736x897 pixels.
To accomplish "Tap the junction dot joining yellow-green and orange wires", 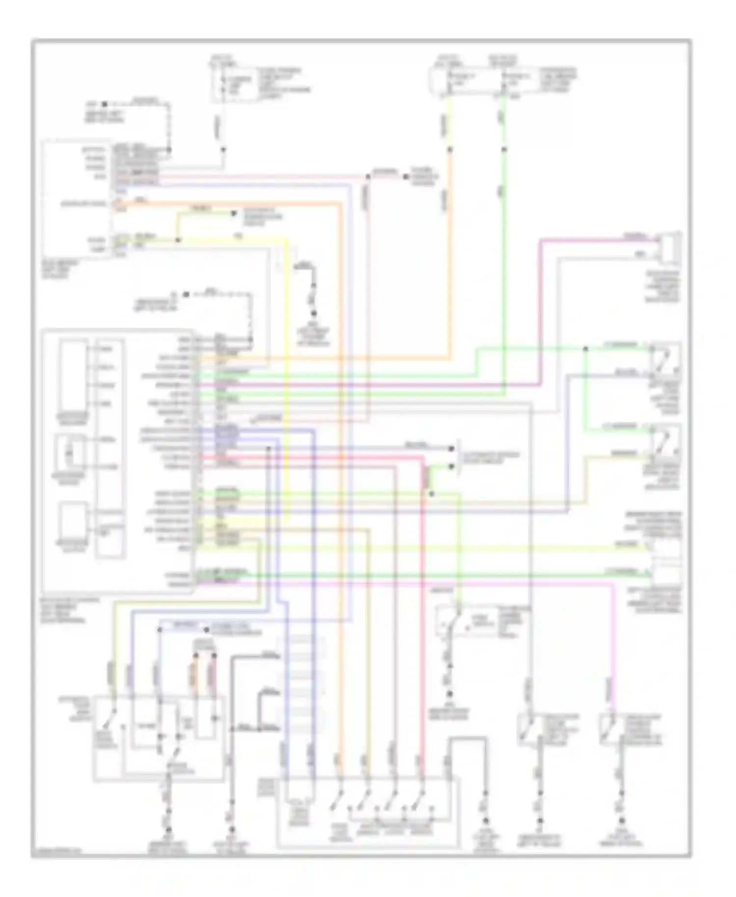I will [x=178, y=240].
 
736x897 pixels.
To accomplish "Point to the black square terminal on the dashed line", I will [x=104, y=104].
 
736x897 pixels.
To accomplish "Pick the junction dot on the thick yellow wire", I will [x=178, y=240].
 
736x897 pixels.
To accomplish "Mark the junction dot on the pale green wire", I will [x=585, y=349].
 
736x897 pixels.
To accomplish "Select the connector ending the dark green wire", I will [x=665, y=573].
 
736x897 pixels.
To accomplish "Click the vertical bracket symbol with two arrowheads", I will [x=459, y=456].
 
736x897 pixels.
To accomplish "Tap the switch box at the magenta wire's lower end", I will [x=615, y=730].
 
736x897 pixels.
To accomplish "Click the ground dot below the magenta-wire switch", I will [x=622, y=820].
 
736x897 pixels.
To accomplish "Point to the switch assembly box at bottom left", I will [x=159, y=738].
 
